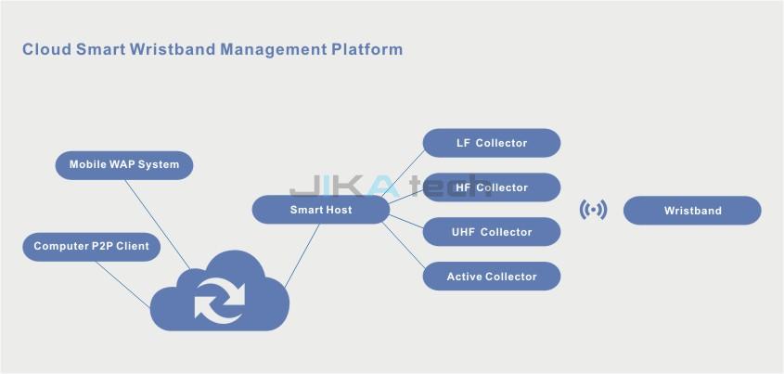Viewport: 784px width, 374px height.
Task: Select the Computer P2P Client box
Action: [x=91, y=246]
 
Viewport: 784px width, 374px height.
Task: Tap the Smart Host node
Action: [x=320, y=210]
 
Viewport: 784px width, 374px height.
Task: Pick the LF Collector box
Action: [x=492, y=143]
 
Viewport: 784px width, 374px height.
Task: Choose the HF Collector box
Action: [x=492, y=187]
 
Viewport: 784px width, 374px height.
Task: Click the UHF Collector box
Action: [x=492, y=232]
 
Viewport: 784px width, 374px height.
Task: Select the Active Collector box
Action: [x=492, y=277]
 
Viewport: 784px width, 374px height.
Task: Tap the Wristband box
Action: [x=692, y=211]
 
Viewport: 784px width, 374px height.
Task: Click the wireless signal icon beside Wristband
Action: [x=593, y=210]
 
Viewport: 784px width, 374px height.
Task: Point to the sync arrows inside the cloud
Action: [x=220, y=299]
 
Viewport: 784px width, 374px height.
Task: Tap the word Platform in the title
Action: [x=367, y=49]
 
